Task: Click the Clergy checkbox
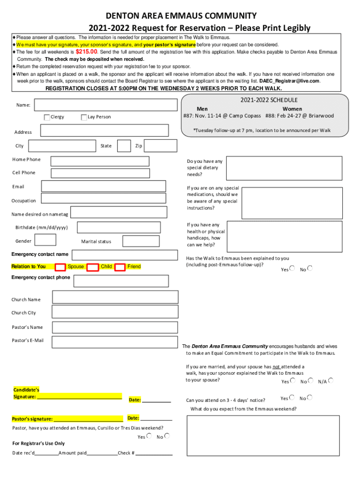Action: coord(47,117)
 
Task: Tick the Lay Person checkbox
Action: coord(84,117)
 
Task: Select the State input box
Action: coord(123,146)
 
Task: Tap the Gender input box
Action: coord(46,240)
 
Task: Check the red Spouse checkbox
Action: coord(60,267)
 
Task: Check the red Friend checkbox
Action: coord(120,267)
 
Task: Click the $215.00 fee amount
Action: coord(86,52)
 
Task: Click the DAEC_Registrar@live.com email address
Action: coord(290,81)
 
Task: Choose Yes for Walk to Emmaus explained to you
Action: coord(292,269)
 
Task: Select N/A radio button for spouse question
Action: coord(331,381)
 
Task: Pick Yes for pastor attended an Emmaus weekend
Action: coord(149,435)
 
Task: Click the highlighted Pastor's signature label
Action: coord(32,419)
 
